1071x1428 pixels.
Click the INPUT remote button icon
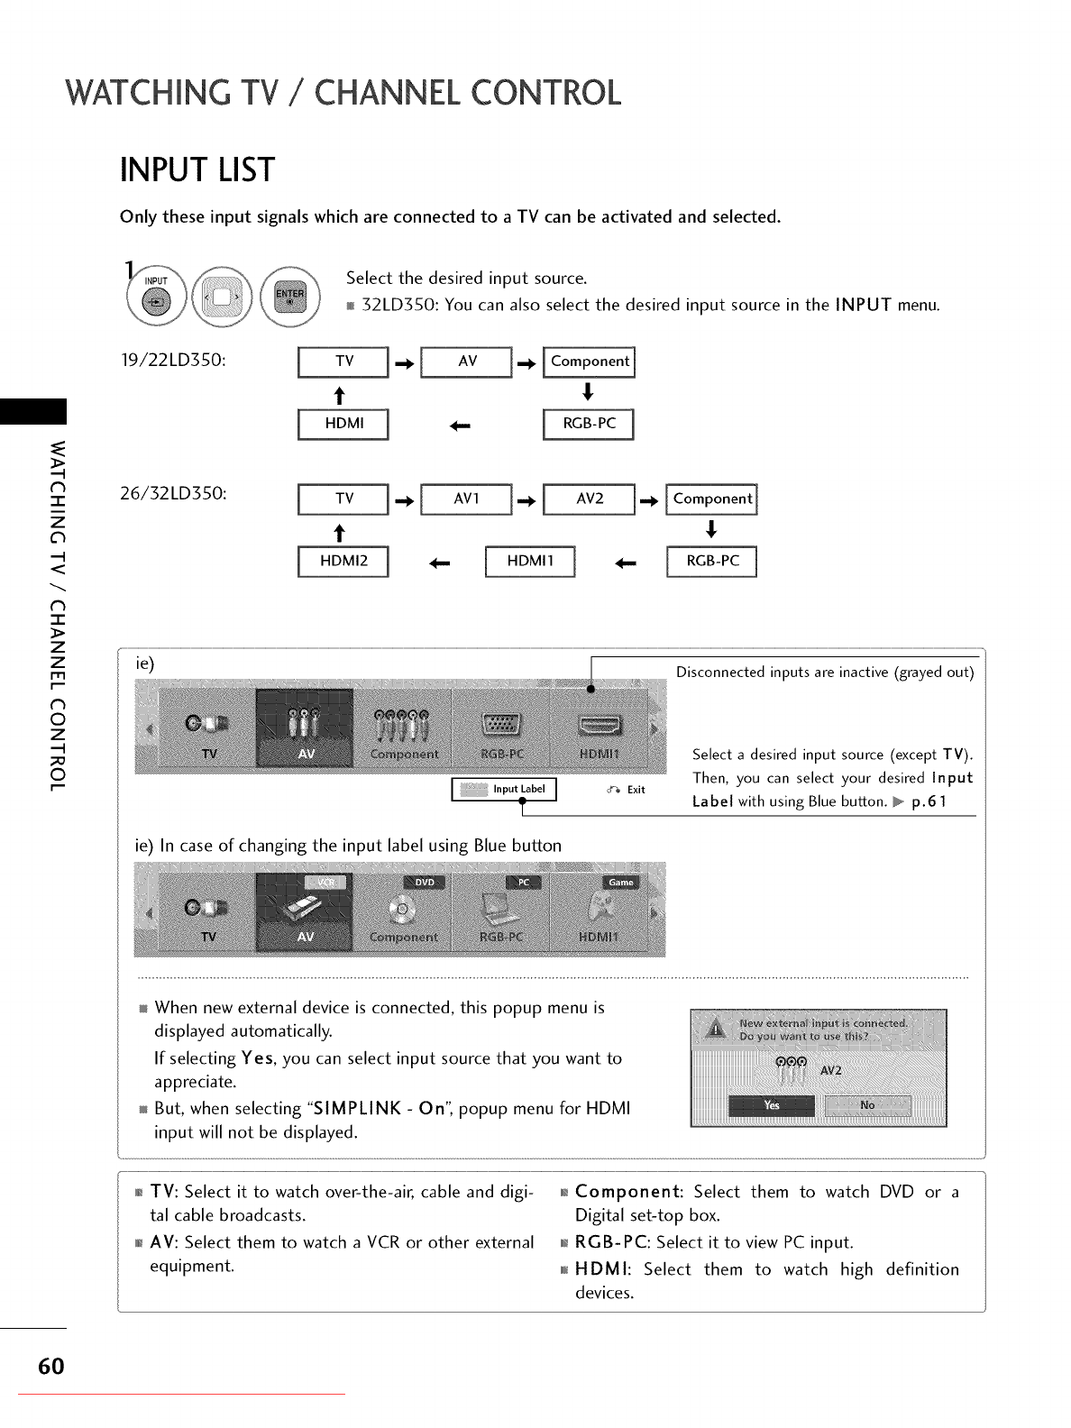coord(157,297)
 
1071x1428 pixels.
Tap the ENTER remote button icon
coord(289,297)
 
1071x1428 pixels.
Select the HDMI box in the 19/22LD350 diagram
coord(343,424)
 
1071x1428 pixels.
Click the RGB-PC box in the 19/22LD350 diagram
coord(589,424)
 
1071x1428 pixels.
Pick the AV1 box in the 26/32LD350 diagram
coord(466,499)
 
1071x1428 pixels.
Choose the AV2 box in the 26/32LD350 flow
coord(590,499)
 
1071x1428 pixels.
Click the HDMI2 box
coord(343,561)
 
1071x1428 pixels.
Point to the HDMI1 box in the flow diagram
coord(529,561)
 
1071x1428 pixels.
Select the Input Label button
coord(505,790)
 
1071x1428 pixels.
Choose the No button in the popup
coord(867,1105)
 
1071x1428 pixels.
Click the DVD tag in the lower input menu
coord(425,883)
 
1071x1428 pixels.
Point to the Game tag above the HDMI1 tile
coord(620,883)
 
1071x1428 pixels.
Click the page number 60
coord(51,1367)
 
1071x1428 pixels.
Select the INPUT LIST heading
coord(197,170)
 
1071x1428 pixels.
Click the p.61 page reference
coord(929,801)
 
